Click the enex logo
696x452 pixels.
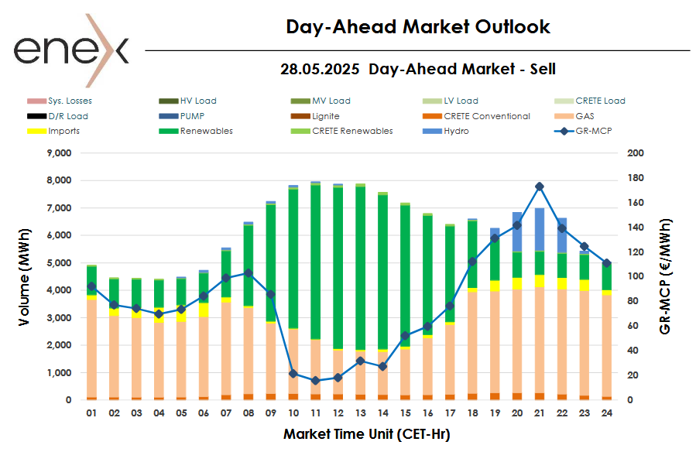(x=70, y=50)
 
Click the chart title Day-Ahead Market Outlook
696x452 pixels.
(x=417, y=27)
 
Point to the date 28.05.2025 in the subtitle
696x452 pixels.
(x=320, y=69)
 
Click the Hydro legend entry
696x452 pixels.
(x=456, y=131)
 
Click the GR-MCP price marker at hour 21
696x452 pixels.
(x=540, y=187)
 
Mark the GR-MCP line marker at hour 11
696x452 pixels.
(x=315, y=381)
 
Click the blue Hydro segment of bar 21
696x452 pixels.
(x=540, y=229)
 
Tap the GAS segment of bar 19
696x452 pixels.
(x=494, y=341)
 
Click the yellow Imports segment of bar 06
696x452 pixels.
(x=204, y=309)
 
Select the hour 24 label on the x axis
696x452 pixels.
(x=607, y=414)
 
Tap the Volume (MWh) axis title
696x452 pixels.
(x=26, y=276)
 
